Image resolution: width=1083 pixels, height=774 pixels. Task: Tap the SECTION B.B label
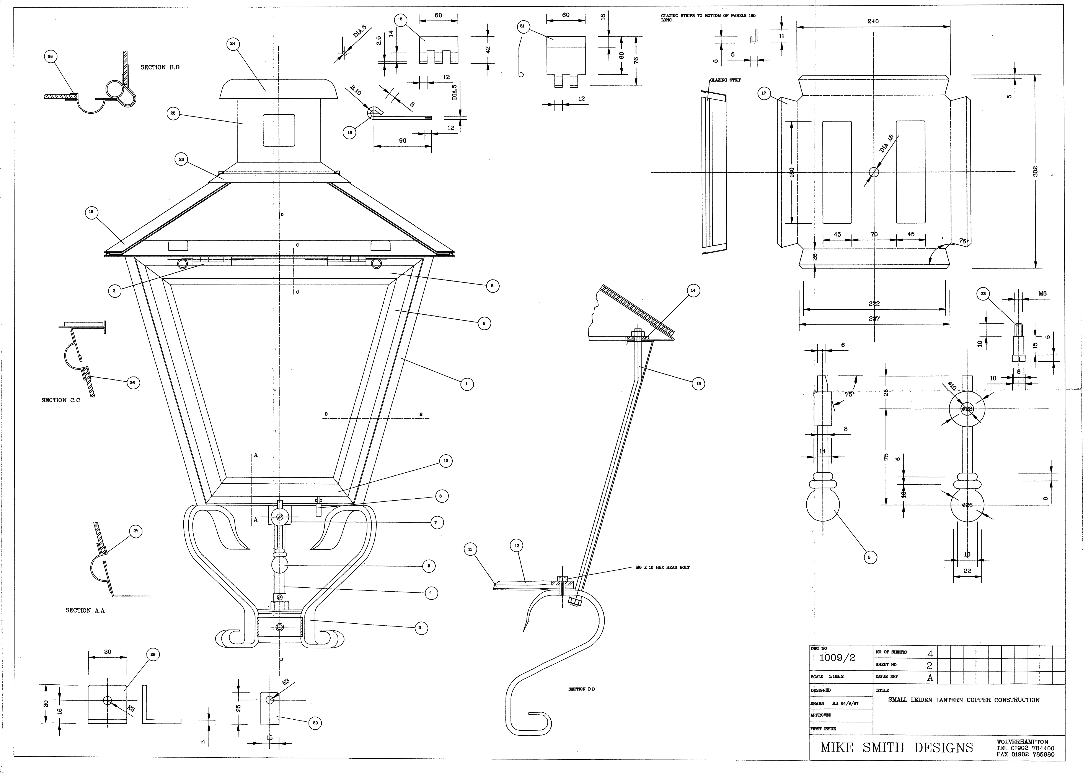(160, 68)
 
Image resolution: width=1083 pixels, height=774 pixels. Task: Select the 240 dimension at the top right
(873, 21)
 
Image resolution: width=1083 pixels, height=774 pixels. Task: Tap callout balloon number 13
(698, 384)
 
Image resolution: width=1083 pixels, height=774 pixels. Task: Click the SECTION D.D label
(582, 689)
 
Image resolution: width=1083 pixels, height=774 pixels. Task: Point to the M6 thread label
(1042, 294)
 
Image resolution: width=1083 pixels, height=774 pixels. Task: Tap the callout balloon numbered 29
(153, 655)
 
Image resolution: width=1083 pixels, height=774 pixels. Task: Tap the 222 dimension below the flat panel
(874, 304)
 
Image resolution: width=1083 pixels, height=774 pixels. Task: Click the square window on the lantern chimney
(279, 130)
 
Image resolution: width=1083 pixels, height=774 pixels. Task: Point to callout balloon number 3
(419, 628)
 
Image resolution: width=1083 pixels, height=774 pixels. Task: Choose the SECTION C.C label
(60, 400)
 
